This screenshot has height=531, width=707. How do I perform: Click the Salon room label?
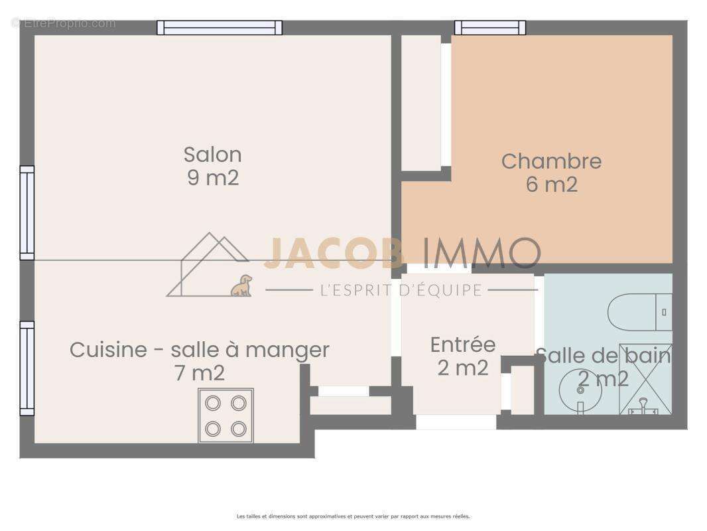[212, 155]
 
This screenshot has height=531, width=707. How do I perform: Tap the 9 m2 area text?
[212, 178]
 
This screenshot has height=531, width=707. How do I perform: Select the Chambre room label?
[551, 161]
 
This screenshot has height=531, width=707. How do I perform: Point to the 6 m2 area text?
[551, 185]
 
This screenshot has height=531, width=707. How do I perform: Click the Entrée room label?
[463, 344]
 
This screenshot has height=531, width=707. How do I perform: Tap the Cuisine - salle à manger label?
[199, 350]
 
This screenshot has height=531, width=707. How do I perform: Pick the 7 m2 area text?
[199, 373]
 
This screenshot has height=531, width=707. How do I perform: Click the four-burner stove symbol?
[225, 416]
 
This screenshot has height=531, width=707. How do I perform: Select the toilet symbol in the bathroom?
[639, 312]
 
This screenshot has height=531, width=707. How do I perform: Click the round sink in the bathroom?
[580, 390]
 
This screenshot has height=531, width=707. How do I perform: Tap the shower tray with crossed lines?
[645, 379]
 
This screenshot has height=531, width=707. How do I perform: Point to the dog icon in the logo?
[241, 286]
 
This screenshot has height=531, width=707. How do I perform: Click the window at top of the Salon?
[220, 27]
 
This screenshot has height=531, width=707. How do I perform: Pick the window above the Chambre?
[490, 27]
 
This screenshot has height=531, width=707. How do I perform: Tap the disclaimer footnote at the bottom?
[353, 516]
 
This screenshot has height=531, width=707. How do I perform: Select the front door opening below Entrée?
[456, 421]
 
